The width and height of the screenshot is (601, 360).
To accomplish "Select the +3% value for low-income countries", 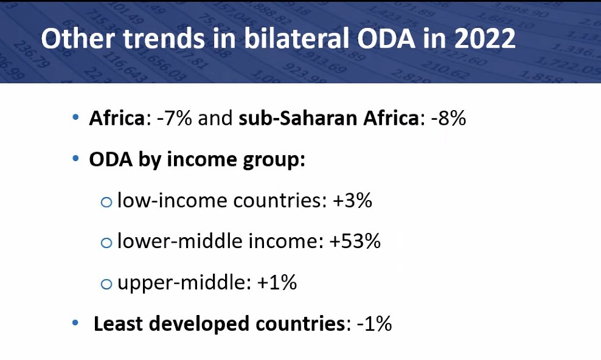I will coord(353,201).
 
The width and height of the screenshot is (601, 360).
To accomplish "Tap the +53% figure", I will coord(355,241).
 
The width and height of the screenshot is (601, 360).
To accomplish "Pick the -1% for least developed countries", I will coord(373,324).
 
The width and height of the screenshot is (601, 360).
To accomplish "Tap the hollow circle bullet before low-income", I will coord(106,202).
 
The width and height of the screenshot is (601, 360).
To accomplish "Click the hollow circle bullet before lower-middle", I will coord(106,243).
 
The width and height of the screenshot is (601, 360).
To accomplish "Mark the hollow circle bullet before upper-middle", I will coord(106,284).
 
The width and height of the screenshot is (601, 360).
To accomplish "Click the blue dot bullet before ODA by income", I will coord(75,159).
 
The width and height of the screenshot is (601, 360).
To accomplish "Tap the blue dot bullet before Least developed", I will coord(75,323).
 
